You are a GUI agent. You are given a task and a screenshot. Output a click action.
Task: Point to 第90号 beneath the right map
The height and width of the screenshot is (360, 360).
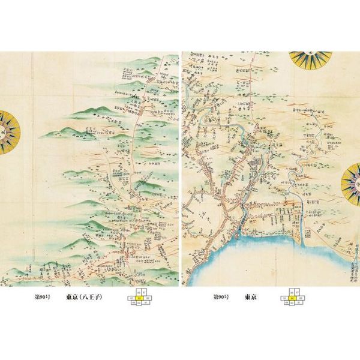tap(221, 297)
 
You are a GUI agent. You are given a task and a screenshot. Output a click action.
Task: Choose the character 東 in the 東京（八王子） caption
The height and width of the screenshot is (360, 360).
tap(70, 297)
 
